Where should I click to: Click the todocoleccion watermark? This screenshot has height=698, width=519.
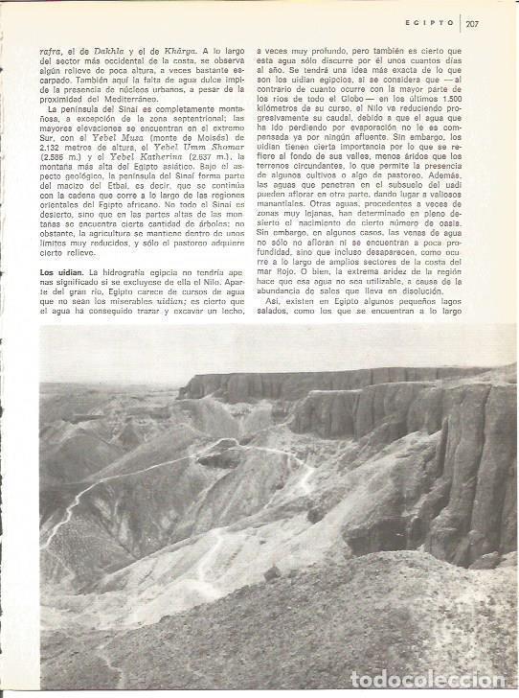[x=436, y=680]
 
